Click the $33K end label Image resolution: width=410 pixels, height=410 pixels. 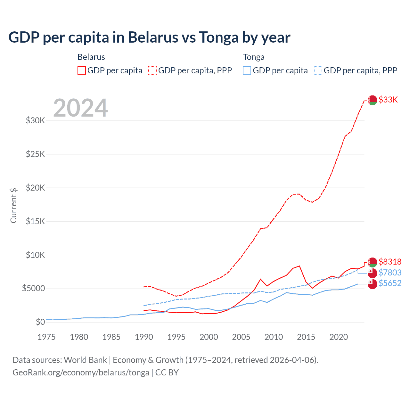[388, 100]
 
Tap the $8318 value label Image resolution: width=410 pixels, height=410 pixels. [390, 262]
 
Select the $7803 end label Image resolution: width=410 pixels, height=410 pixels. [390, 273]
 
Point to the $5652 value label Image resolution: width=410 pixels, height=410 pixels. [390, 283]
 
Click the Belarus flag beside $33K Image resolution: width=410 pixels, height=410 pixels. [372, 100]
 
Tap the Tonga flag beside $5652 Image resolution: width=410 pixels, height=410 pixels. [372, 284]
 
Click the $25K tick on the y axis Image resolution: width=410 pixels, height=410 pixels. [36, 154]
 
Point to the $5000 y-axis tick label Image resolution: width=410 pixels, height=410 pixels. [33, 288]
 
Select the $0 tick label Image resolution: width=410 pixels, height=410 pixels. [40, 322]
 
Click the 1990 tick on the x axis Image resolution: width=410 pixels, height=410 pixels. [144, 337]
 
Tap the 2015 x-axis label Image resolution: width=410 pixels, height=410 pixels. [306, 337]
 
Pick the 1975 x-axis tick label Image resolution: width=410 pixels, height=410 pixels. [47, 337]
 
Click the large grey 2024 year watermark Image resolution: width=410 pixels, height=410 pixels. [80, 108]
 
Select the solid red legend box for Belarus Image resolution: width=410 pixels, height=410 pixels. [82, 70]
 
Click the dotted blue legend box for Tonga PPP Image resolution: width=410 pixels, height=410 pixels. [318, 70]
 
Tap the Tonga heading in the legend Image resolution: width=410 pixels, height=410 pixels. [254, 57]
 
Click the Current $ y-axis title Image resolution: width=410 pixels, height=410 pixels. [13, 206]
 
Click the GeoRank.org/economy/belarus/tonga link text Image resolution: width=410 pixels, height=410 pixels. [81, 373]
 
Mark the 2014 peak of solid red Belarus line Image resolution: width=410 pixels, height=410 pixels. [299, 266]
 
